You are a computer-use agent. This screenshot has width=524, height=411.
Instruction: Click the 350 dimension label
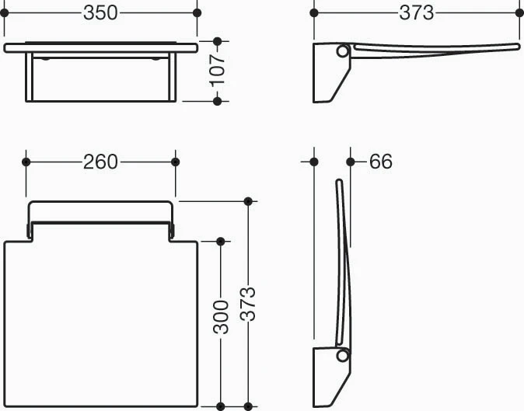tap(100, 13)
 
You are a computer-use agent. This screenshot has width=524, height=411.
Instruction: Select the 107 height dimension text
tap(218, 71)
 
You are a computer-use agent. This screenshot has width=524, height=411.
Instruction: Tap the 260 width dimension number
tap(100, 162)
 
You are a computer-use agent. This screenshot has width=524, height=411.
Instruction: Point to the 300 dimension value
tap(221, 317)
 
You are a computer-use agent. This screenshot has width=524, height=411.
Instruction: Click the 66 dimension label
tap(381, 162)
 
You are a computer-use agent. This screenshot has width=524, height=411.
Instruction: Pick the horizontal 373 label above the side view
tap(417, 13)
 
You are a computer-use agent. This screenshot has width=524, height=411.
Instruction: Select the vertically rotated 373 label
tap(248, 304)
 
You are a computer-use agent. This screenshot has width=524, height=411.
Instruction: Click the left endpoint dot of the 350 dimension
tap(4, 13)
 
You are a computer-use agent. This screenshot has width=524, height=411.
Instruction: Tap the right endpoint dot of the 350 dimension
tap(197, 13)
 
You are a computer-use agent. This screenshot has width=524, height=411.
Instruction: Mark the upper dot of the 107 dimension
tap(217, 41)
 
